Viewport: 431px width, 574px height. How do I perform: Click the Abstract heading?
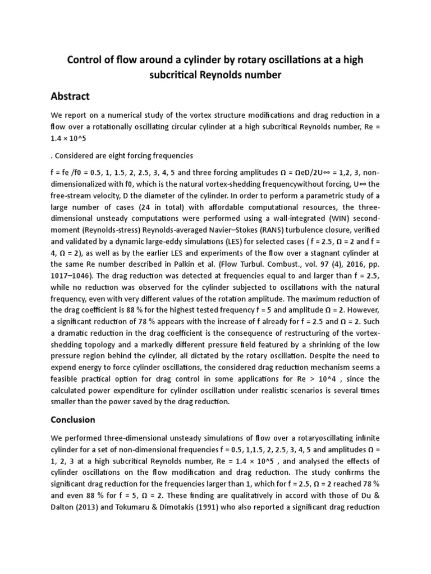pos(70,96)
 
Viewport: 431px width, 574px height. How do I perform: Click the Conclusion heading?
pos(73,419)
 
